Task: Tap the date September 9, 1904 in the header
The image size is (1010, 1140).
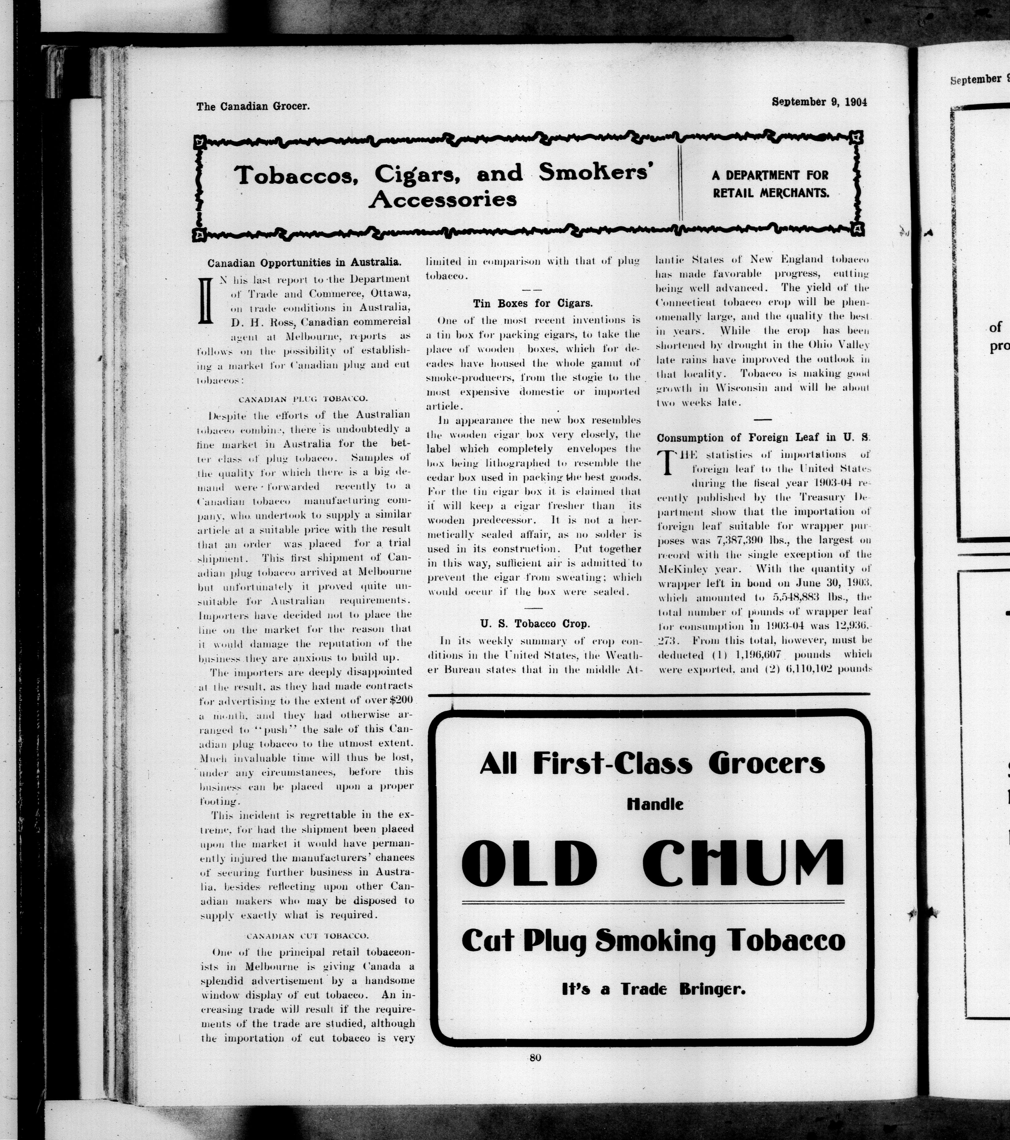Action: tap(819, 102)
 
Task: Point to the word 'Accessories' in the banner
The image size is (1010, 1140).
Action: tap(443, 199)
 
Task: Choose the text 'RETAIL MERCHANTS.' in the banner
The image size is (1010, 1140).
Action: tap(770, 193)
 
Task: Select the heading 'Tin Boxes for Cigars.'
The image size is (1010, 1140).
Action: tap(532, 304)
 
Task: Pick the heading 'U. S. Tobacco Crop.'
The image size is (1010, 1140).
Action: tap(535, 623)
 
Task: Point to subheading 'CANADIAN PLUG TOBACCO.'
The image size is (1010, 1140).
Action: tap(303, 399)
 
